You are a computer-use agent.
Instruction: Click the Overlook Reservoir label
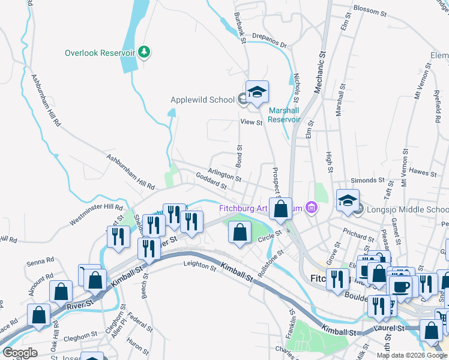point(100,53)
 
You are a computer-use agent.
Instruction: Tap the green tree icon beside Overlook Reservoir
point(144,53)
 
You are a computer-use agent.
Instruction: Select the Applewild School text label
point(202,100)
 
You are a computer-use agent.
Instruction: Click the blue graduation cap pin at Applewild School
point(257,92)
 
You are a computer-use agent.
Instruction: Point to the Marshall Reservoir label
point(284,115)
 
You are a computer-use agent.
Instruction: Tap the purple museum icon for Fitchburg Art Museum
point(311,208)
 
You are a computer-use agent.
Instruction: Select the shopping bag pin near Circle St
point(240,232)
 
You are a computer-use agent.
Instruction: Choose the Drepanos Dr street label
point(270,40)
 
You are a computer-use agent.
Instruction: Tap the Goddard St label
point(211,181)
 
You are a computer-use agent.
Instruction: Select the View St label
point(252,122)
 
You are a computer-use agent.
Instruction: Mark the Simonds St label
point(367,180)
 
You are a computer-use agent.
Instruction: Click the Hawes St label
point(423,173)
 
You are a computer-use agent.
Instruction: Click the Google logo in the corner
point(20,353)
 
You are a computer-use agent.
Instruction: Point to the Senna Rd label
point(40,262)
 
